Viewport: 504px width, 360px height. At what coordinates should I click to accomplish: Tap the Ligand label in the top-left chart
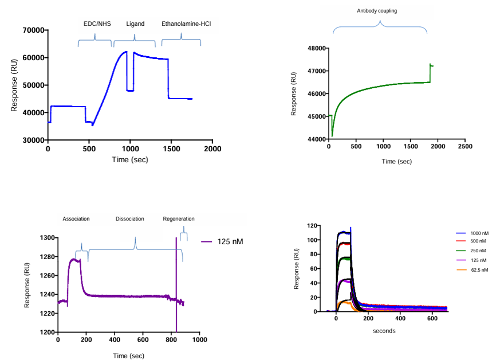[x=135, y=24]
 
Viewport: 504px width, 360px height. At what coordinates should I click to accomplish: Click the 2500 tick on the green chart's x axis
[x=465, y=146]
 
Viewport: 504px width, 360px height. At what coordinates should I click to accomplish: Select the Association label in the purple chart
[x=76, y=219]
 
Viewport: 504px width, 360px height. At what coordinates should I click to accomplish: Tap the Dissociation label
[x=129, y=219]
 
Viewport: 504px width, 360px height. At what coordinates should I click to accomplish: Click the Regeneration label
[x=179, y=219]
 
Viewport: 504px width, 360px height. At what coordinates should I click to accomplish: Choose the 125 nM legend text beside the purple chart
[x=230, y=241]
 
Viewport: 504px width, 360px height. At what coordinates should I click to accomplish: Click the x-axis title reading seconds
[x=384, y=331]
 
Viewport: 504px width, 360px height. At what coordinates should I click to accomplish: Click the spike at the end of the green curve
[x=430, y=65]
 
